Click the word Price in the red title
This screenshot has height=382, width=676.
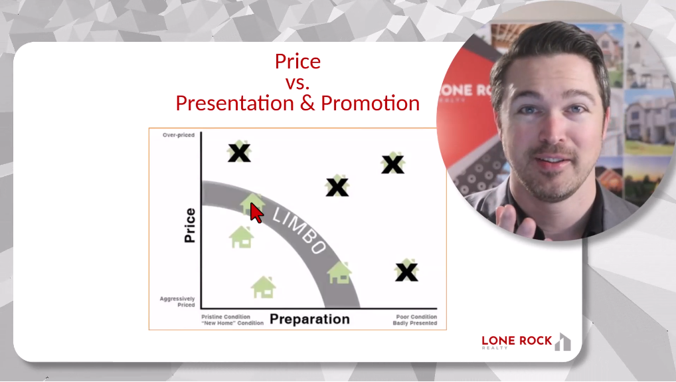coord(297,62)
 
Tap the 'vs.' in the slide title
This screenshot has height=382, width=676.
coord(297,82)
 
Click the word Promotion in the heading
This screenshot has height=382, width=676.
coord(371,103)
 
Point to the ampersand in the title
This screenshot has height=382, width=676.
coord(309,103)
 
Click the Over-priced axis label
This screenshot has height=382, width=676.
coord(179,135)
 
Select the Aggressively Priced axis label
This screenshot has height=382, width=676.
coord(177,302)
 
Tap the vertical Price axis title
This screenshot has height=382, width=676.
coord(190,225)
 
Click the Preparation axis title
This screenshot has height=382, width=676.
coord(309,319)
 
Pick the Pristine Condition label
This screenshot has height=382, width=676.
coord(226,316)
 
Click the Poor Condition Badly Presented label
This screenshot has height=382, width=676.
coord(415,320)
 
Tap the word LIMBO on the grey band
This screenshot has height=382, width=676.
coord(299,231)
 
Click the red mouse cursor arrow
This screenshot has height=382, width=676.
coord(256,213)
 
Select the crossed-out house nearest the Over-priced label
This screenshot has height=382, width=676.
coord(239,151)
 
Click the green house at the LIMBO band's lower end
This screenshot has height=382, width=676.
coord(339,272)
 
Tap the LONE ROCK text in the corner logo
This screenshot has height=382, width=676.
coord(517,341)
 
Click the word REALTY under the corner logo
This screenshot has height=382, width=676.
coord(495,348)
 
